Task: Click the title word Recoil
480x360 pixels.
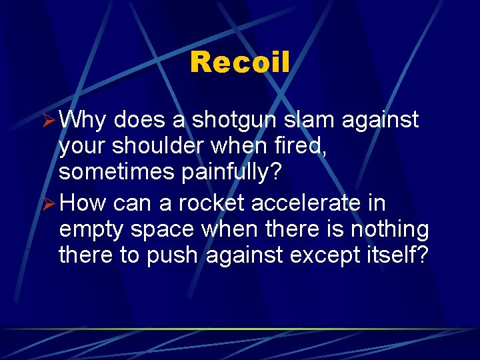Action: coord(240,63)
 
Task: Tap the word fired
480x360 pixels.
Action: coord(303,145)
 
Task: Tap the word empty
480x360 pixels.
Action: coord(91,230)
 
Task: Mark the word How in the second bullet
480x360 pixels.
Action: coord(83,203)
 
